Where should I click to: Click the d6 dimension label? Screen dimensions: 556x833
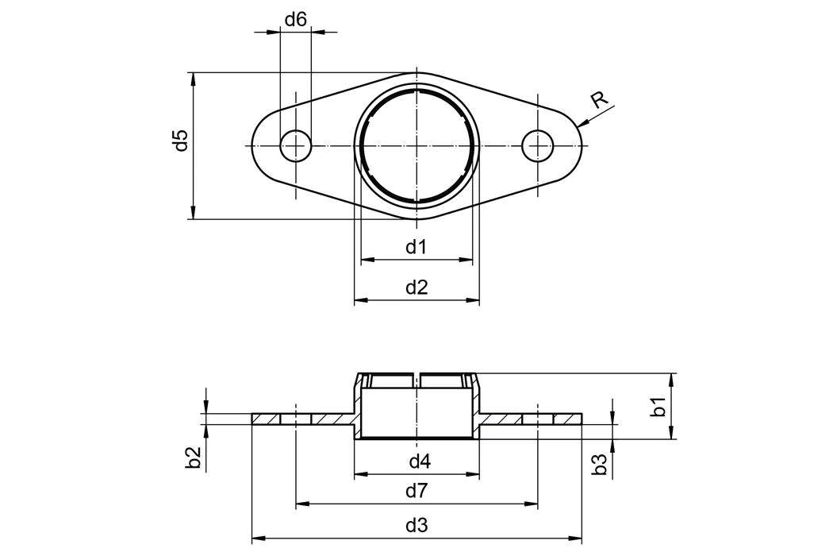tap(295, 19)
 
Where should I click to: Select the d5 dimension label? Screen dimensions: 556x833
tap(181, 141)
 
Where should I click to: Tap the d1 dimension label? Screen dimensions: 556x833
tap(416, 247)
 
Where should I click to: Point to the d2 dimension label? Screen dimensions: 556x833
tap(416, 288)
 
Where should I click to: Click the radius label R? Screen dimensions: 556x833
tap(600, 99)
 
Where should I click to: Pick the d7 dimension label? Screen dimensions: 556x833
tap(416, 491)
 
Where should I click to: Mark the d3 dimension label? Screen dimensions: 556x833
tap(416, 525)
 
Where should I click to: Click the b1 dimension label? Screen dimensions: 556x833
tap(658, 407)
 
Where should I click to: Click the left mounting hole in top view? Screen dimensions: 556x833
tap(296, 145)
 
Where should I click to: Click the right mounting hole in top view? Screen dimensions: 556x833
tap(539, 145)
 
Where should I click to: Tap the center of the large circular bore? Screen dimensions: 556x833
tap(417, 145)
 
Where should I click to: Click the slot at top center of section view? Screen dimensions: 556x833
tap(417, 380)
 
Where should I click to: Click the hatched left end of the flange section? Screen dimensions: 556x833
tap(266, 419)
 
